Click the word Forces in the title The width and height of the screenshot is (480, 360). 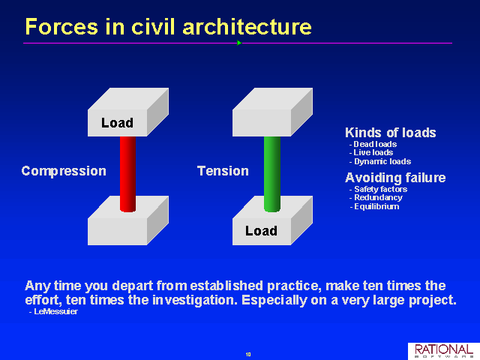click(x=61, y=26)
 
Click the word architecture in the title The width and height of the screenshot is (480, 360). click(x=247, y=26)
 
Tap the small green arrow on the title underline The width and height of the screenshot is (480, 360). click(x=239, y=43)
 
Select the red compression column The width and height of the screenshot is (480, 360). click(x=127, y=174)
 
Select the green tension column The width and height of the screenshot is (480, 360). click(x=272, y=174)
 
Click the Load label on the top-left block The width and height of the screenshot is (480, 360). click(x=117, y=123)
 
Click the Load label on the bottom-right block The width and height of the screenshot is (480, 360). click(x=261, y=231)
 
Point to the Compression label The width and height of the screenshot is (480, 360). click(x=64, y=171)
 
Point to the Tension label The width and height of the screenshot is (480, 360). click(x=223, y=171)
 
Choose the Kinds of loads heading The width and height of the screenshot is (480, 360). click(x=390, y=133)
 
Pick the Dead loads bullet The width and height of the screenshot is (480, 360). click(x=373, y=144)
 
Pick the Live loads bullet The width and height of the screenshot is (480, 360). click(x=371, y=152)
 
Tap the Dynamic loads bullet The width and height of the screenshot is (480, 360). click(x=380, y=161)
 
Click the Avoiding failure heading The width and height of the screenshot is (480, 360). click(x=395, y=178)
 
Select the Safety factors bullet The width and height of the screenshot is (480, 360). click(x=378, y=189)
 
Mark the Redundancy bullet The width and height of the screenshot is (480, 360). click(x=376, y=198)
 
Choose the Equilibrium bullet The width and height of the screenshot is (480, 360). click(x=374, y=207)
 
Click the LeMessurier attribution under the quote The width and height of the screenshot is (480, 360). click(x=53, y=312)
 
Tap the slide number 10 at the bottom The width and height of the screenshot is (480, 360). click(x=248, y=355)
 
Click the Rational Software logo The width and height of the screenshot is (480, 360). click(x=444, y=351)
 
